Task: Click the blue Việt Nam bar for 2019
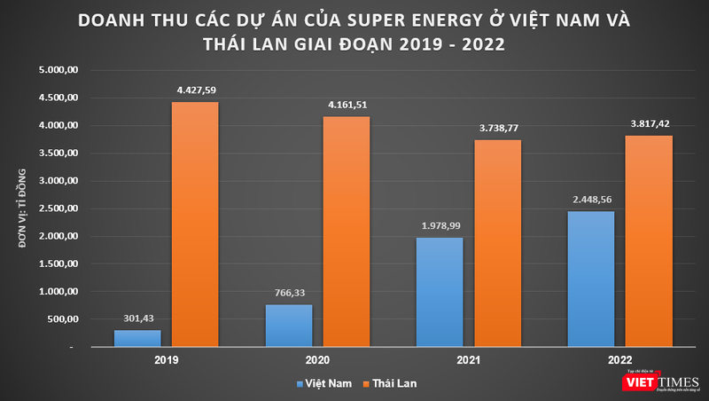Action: [137, 338]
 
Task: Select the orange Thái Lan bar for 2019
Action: [195, 224]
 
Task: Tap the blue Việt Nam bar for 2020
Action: [289, 326]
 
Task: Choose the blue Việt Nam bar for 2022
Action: [589, 279]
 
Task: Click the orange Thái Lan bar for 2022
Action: [648, 240]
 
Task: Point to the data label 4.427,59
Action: [195, 90]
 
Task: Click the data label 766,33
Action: [289, 293]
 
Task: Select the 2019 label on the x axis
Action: [166, 362]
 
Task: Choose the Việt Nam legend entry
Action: [324, 383]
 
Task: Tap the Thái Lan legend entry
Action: [390, 383]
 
